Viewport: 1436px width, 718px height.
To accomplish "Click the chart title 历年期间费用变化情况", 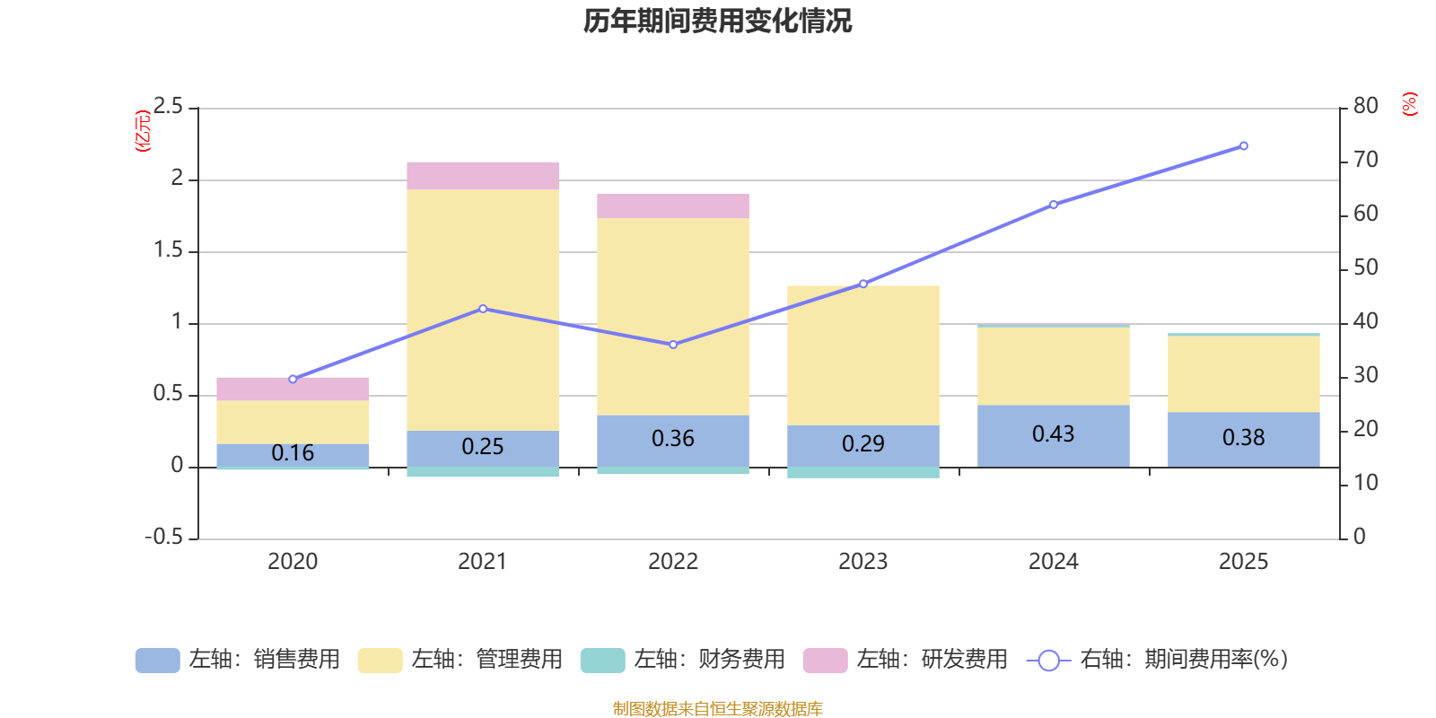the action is click(717, 22).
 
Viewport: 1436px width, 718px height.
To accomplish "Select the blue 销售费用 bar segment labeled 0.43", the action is click(1054, 436).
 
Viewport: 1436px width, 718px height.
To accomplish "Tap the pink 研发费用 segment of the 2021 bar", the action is click(483, 176).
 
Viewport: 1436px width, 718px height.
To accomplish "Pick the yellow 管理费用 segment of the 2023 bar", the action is click(862, 355).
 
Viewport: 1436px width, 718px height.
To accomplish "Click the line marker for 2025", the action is click(1244, 146).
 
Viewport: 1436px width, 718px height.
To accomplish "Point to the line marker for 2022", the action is click(673, 345).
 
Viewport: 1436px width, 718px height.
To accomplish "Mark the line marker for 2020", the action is click(293, 380).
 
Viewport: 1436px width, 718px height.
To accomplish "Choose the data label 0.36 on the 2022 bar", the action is click(673, 439).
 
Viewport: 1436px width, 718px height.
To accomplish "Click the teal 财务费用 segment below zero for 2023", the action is click(862, 472).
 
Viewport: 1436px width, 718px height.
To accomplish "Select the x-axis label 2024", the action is click(1054, 562).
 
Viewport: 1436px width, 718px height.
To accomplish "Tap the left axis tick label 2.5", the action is click(168, 106).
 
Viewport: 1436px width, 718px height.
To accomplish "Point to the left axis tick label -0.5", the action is click(164, 537).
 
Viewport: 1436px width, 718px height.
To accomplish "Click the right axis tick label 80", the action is click(1365, 106).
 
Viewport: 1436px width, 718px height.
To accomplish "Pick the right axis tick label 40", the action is click(1365, 321).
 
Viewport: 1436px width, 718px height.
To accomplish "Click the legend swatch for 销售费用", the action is click(158, 661).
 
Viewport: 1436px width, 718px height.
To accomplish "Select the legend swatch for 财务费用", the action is click(602, 661).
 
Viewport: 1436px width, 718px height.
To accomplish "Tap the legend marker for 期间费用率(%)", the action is click(1049, 661).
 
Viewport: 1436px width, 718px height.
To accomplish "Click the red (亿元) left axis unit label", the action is click(143, 131).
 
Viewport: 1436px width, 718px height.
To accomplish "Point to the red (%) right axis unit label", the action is click(1409, 104).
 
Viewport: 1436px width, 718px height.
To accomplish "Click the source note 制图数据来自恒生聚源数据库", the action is click(717, 708).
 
